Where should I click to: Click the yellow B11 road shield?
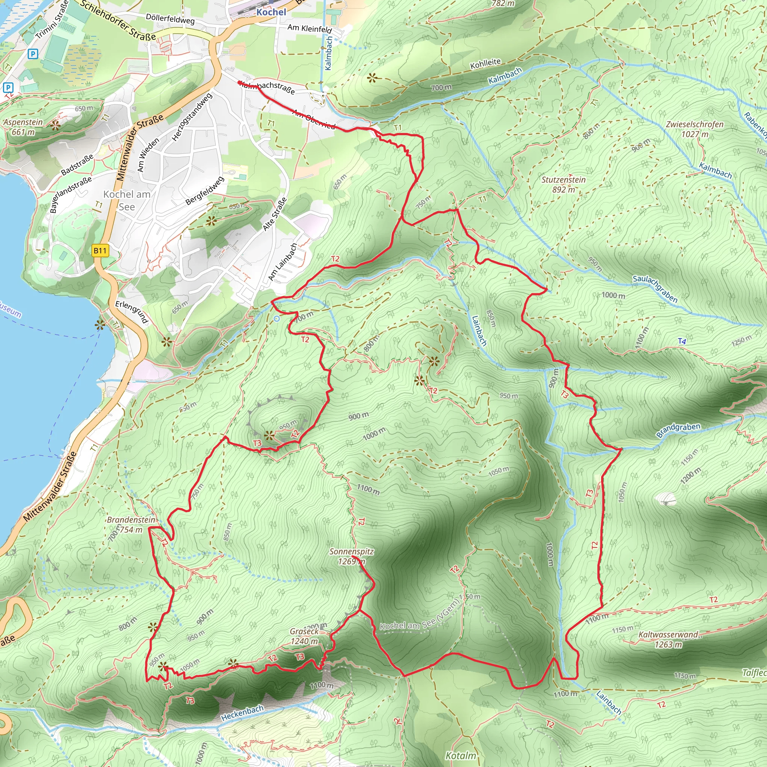pyautogui.click(x=100, y=251)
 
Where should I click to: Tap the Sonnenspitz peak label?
pyautogui.click(x=351, y=556)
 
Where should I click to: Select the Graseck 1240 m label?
pyautogui.click(x=304, y=636)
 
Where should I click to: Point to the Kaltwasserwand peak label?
pyautogui.click(x=668, y=639)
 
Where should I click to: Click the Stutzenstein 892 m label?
pyautogui.click(x=563, y=185)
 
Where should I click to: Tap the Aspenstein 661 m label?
pyautogui.click(x=23, y=127)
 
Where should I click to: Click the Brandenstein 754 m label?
pyautogui.click(x=131, y=524)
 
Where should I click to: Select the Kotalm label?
pyautogui.click(x=461, y=755)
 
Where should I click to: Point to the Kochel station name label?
pyautogui.click(x=271, y=12)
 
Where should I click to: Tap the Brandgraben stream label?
pyautogui.click(x=678, y=430)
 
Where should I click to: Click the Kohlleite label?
pyautogui.click(x=485, y=64)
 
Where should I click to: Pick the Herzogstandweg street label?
pyautogui.click(x=192, y=117)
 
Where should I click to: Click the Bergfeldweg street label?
pyautogui.click(x=205, y=191)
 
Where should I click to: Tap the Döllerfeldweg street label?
pyautogui.click(x=170, y=19)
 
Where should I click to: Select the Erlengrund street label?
pyautogui.click(x=132, y=312)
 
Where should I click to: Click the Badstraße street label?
pyautogui.click(x=78, y=164)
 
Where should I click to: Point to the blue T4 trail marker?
pyautogui.click(x=682, y=341)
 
